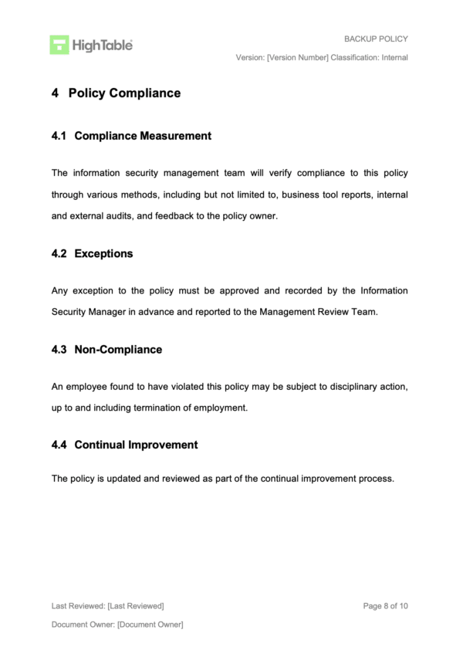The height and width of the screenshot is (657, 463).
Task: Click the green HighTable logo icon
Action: pyautogui.click(x=59, y=45)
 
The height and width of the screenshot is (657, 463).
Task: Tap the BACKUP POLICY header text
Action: pyautogui.click(x=376, y=39)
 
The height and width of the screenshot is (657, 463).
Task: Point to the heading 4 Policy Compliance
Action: pyautogui.click(x=116, y=93)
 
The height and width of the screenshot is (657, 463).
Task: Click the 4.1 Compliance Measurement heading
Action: pyautogui.click(x=131, y=136)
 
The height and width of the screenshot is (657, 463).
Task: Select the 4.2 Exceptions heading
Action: pyautogui.click(x=92, y=254)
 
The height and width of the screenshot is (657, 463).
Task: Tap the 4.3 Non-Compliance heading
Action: pyautogui.click(x=106, y=350)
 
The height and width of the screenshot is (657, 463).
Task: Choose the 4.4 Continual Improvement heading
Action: pyautogui.click(x=124, y=445)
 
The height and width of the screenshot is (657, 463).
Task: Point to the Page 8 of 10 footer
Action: pyautogui.click(x=385, y=606)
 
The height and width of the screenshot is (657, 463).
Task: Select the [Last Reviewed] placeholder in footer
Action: pyautogui.click(x=136, y=606)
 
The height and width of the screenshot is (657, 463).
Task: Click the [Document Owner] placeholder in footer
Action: pyautogui.click(x=150, y=625)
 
